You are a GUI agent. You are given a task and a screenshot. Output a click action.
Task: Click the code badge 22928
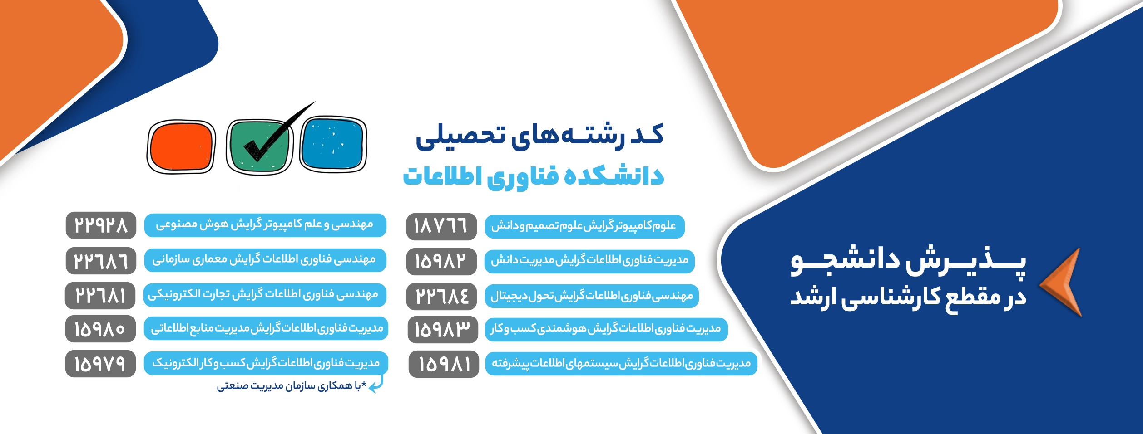tap(101, 225)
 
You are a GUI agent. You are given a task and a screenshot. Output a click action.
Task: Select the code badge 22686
tap(101, 261)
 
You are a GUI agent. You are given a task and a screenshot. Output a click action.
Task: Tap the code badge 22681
tap(100, 295)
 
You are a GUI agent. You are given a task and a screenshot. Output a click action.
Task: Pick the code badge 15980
tap(100, 329)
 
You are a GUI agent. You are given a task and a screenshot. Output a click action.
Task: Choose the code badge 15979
tap(100, 364)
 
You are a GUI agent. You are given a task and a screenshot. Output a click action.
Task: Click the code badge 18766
tap(441, 226)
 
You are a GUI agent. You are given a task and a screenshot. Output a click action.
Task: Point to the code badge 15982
tap(441, 261)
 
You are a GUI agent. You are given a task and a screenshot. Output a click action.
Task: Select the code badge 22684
tap(442, 296)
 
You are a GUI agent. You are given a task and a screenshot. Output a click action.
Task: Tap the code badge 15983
tap(443, 330)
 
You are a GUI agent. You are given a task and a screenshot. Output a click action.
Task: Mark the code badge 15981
tap(444, 364)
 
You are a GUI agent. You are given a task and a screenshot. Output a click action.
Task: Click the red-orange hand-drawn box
tap(181, 146)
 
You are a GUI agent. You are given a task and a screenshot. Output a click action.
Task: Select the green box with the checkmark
tap(259, 146)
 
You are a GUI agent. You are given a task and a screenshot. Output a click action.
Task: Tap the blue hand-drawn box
tap(333, 144)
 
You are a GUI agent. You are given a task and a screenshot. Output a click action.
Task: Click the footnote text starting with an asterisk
tap(292, 386)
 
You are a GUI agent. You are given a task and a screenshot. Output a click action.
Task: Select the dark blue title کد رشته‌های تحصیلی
tap(539, 137)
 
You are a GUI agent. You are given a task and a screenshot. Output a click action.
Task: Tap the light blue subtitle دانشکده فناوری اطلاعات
tap(534, 176)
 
